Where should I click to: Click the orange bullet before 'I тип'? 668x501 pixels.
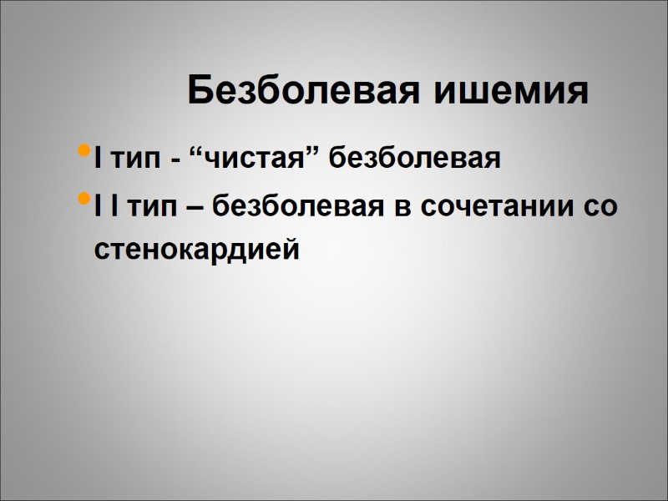(81, 151)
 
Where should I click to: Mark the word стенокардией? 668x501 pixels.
(196, 248)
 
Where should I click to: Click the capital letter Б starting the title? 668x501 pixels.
(200, 89)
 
